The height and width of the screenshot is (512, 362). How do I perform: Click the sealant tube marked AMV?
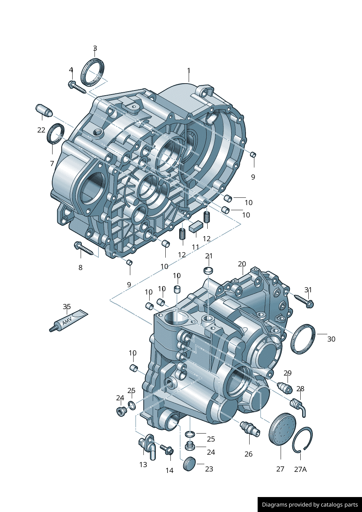pos(69,320)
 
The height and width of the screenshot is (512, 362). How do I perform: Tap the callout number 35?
pos(67,307)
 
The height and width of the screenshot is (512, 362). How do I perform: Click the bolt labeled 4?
pos(77,86)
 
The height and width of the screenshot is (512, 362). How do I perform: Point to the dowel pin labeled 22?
pos(44,111)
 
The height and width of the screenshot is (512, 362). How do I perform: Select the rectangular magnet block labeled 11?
pos(196,226)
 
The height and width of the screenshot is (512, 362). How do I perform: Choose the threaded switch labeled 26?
pos(250,429)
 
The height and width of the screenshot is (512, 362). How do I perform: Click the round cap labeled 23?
pos(189,463)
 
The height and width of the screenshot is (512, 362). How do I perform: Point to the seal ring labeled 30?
pos(303,339)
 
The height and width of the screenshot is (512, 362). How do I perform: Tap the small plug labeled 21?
pos(208,271)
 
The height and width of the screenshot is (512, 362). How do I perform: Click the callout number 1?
pos(189,70)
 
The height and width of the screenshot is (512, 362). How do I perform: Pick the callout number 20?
pos(242,264)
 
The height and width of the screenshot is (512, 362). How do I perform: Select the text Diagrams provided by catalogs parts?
pos(310,505)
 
